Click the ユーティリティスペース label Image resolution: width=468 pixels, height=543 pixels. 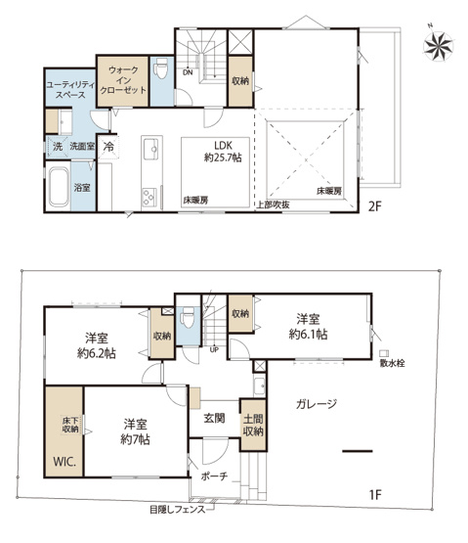coord(69,93)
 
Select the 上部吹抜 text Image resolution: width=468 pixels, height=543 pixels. coord(272,204)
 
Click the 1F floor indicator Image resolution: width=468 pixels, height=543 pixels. coord(376,494)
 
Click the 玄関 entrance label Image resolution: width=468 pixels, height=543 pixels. coord(214,418)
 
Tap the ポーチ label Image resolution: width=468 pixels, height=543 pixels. coord(216,476)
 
